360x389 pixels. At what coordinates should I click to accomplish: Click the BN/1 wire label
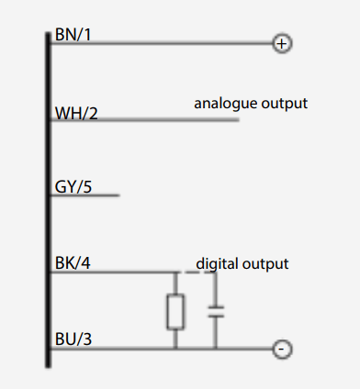73,35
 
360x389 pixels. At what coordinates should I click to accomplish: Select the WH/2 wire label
76,113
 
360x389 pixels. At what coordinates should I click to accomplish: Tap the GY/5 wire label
73,186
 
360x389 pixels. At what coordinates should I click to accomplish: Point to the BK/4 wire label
73,263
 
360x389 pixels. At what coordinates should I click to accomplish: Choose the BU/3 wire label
73,339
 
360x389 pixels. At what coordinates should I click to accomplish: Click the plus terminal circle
282,43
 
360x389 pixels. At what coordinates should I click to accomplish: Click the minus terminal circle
282,349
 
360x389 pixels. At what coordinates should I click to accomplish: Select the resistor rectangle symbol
175,312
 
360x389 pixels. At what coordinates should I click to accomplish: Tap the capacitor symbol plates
216,312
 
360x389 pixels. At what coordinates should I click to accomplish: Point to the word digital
217,263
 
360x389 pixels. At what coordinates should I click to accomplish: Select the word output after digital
265,264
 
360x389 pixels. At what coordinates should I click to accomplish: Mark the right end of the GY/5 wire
119,194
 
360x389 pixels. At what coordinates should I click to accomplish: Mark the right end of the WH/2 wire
239,120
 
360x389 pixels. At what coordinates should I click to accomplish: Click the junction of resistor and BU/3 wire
175,349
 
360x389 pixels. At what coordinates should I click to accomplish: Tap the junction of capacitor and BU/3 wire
216,349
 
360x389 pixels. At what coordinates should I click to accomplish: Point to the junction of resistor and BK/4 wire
175,272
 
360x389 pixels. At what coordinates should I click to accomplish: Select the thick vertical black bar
48,200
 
